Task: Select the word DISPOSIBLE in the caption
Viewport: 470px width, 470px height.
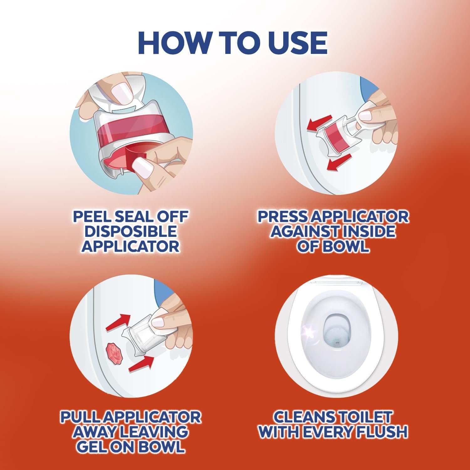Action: click(131, 231)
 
